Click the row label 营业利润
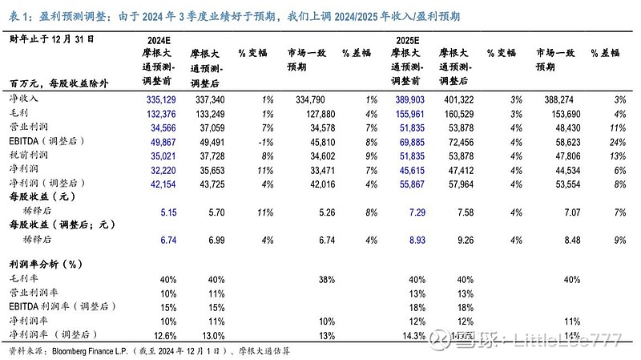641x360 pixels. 28,127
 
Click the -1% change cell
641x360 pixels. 267,142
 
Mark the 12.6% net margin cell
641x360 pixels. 165,334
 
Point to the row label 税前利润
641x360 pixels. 28,156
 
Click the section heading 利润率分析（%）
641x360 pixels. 47,263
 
